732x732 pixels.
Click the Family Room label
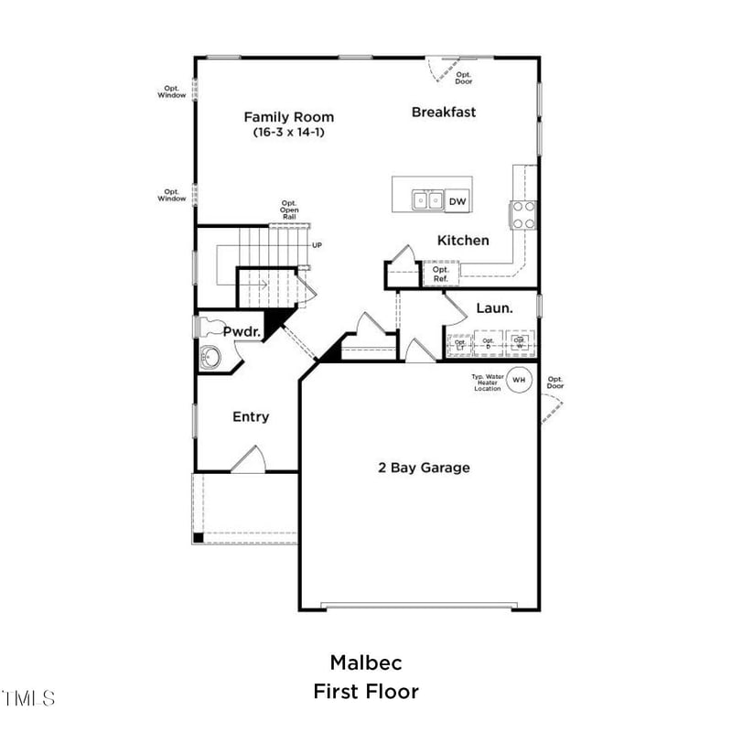click(288, 117)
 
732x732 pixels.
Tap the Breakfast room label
click(444, 112)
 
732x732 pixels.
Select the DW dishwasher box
click(457, 201)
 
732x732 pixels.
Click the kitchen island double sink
click(427, 199)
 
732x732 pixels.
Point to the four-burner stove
click(523, 214)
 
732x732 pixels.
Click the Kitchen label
click(463, 241)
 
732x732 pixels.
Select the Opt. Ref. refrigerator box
click(441, 274)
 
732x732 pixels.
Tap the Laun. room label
click(494, 308)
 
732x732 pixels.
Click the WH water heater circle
click(519, 379)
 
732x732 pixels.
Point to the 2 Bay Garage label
click(424, 468)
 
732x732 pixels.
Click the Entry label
click(251, 417)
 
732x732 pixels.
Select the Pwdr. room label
click(243, 331)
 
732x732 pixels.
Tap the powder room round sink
click(211, 358)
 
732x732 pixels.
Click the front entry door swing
click(247, 460)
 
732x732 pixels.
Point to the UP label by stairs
click(317, 245)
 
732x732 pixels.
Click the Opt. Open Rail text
click(289, 210)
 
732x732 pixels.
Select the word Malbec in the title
click(365, 662)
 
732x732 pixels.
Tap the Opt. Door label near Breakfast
click(464, 78)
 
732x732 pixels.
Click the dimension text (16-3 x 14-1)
click(288, 133)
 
